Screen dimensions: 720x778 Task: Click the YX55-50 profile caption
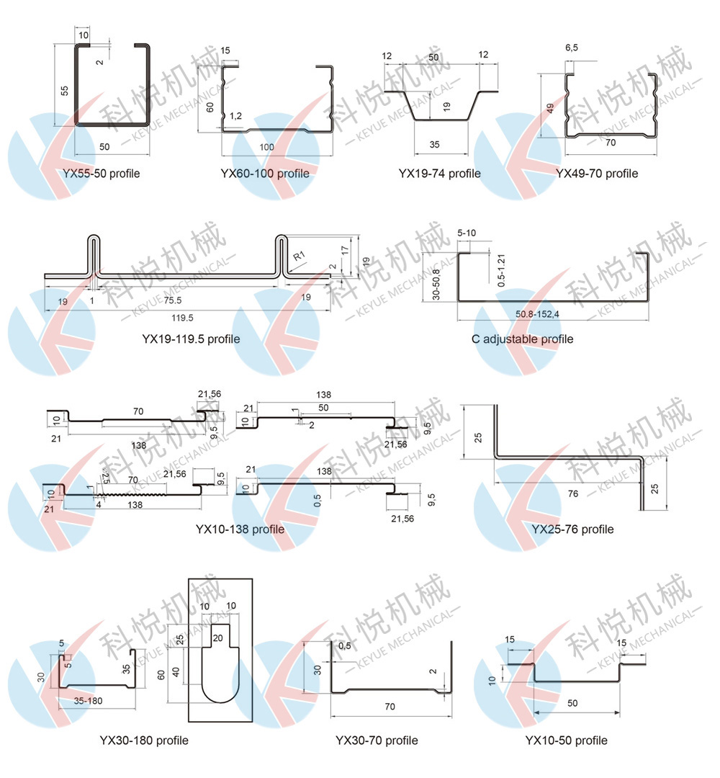[x=101, y=174]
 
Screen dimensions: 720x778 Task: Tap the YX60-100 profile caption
[x=265, y=174]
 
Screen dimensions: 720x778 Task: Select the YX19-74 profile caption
[x=439, y=174]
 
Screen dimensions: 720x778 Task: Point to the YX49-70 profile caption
[x=597, y=174]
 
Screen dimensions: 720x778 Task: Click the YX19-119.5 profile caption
[x=191, y=339]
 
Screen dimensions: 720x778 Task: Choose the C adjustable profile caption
[x=522, y=339]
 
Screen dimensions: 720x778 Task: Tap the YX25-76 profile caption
[x=572, y=529]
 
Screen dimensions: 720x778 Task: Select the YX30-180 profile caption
[x=144, y=741]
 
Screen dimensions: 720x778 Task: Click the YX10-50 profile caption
[x=567, y=741]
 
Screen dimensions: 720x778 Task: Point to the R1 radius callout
[x=299, y=256]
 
